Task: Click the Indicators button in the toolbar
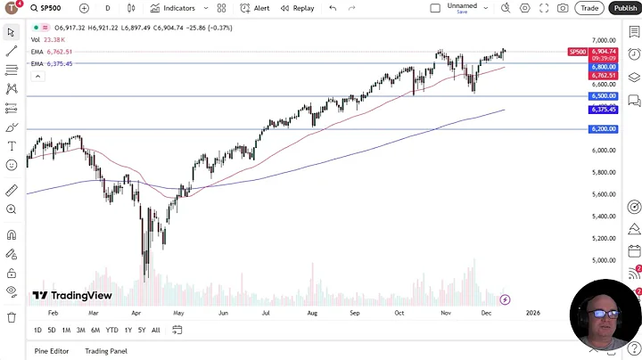(x=172, y=8)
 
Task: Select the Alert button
(x=256, y=8)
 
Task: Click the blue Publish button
(x=624, y=8)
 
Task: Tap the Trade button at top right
(x=589, y=8)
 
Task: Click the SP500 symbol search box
(x=50, y=8)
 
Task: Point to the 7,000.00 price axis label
(x=604, y=41)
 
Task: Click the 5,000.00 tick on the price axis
(x=604, y=260)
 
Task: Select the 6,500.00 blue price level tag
(x=603, y=95)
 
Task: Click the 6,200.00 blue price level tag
(x=603, y=129)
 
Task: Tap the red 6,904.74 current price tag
(x=604, y=52)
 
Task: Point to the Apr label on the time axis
(x=136, y=314)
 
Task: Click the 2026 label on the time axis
(x=532, y=314)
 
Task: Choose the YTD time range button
(x=111, y=330)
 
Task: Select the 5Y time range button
(x=142, y=330)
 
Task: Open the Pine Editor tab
(x=52, y=351)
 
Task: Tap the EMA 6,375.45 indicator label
(x=52, y=63)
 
